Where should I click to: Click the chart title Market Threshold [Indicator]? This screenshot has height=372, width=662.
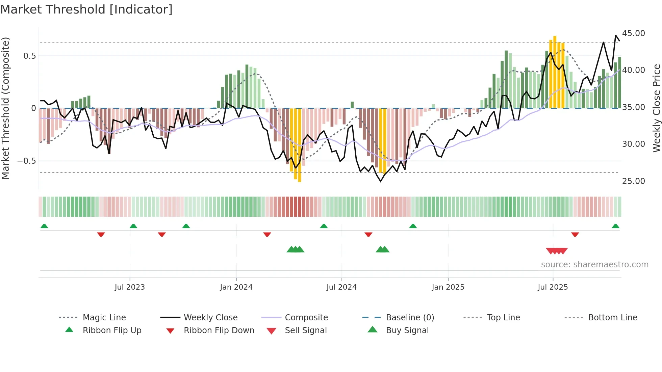pyautogui.click(x=86, y=9)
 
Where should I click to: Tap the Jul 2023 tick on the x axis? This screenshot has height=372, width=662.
pyautogui.click(x=130, y=287)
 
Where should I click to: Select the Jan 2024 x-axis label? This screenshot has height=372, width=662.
pyautogui.click(x=236, y=287)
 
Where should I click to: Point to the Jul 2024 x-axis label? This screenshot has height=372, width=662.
pyautogui.click(x=341, y=287)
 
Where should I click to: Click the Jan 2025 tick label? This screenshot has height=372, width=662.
pyautogui.click(x=448, y=287)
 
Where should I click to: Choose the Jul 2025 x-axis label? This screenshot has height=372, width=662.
pyautogui.click(x=553, y=287)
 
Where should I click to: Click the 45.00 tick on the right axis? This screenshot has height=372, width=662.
pyautogui.click(x=633, y=33)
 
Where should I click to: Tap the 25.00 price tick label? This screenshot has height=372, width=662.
pyautogui.click(x=633, y=181)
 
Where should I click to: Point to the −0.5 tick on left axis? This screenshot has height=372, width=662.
pyautogui.click(x=27, y=161)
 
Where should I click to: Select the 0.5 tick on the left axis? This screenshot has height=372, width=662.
pyautogui.click(x=30, y=56)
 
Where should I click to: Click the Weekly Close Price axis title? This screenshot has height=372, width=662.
pyautogui.click(x=656, y=108)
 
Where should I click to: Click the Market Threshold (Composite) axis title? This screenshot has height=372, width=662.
pyautogui.click(x=5, y=108)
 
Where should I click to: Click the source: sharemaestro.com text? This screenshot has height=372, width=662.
pyautogui.click(x=594, y=265)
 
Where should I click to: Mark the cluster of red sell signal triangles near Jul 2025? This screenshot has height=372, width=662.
pyautogui.click(x=557, y=251)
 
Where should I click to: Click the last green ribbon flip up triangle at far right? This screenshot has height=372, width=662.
pyautogui.click(x=615, y=226)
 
